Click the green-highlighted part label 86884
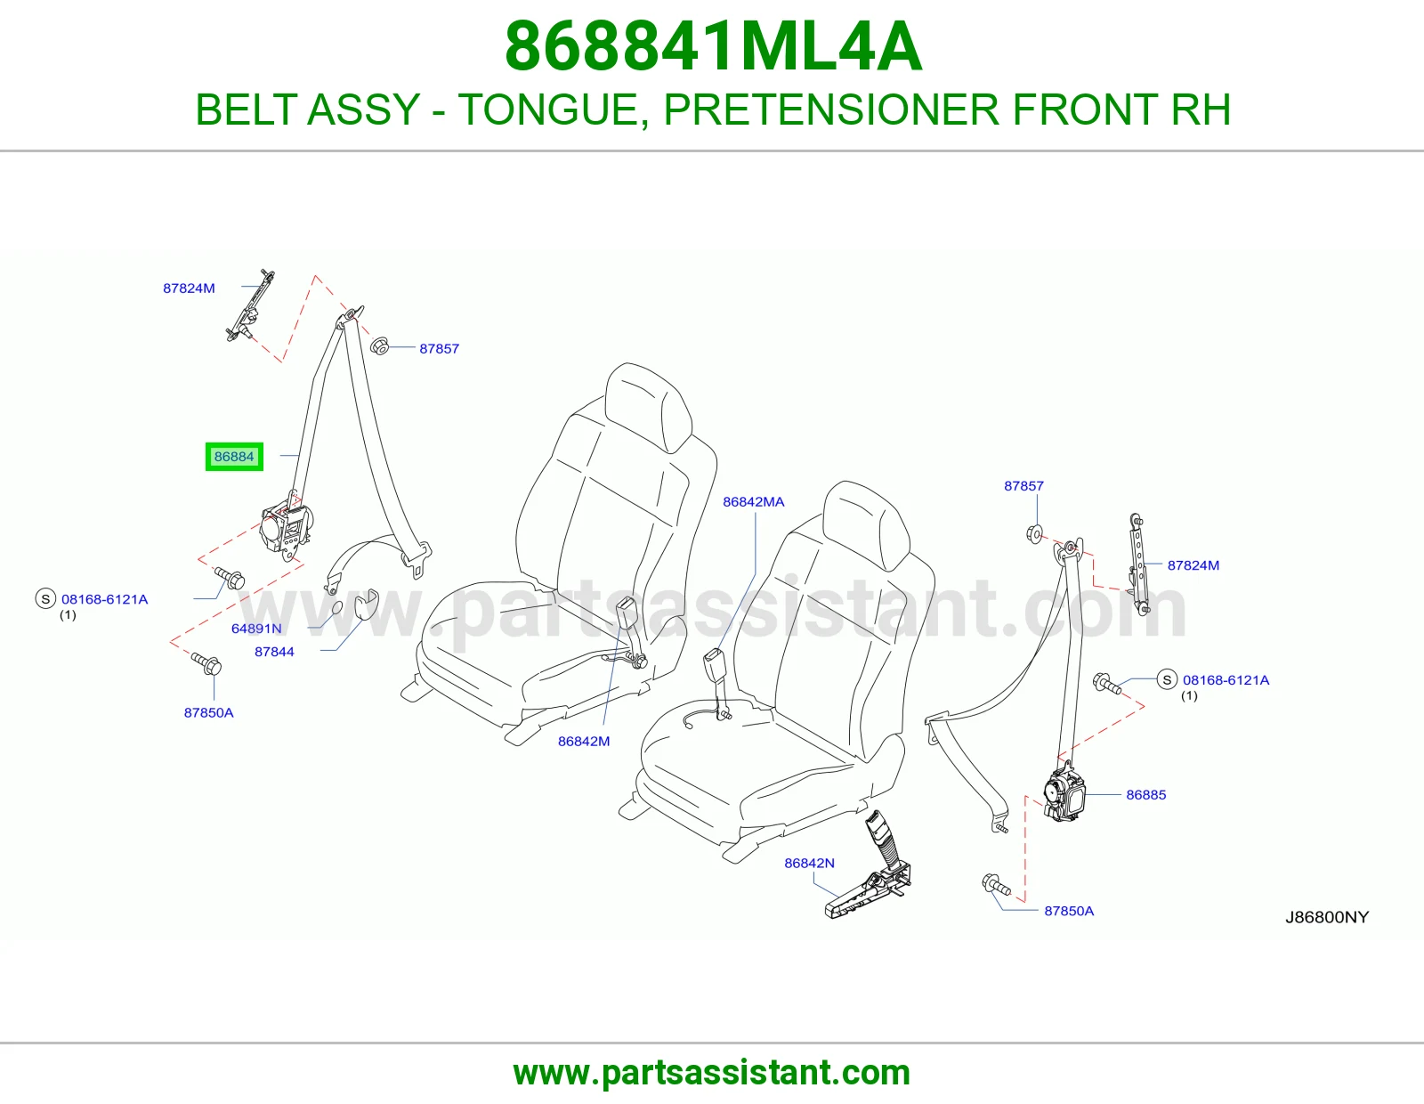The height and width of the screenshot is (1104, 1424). (234, 456)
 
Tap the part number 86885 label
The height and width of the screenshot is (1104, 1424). (1146, 794)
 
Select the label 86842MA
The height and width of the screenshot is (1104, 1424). (754, 501)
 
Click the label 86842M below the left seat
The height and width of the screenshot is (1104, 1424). (584, 741)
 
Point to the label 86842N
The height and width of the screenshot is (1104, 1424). (809, 863)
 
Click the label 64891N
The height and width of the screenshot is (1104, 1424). (256, 628)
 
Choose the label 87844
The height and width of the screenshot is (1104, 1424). (274, 652)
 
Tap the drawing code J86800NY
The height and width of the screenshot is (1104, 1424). (1327, 917)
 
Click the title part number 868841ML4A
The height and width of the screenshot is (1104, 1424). (713, 46)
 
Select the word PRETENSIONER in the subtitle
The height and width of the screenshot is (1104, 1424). (832, 109)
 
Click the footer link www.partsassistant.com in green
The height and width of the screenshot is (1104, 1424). (712, 1073)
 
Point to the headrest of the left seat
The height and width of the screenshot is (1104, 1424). (647, 407)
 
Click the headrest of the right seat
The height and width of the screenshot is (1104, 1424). (866, 526)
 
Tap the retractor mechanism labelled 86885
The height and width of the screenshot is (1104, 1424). (1065, 793)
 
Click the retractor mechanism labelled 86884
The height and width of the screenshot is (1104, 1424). (286, 528)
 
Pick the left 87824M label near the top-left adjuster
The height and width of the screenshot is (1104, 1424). (189, 288)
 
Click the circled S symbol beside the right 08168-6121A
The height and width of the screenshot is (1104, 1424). (1167, 679)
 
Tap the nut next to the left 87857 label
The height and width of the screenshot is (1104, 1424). (379, 345)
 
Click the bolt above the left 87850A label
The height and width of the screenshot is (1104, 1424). (206, 663)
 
